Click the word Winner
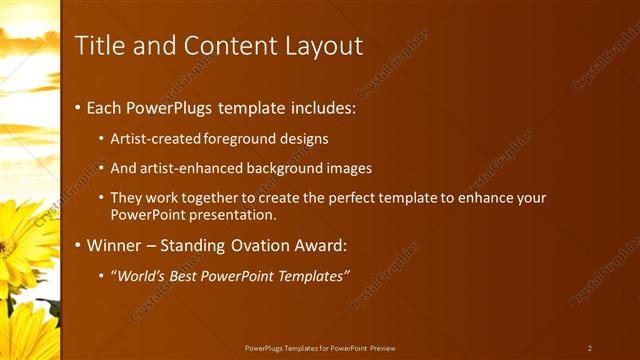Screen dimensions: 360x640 coord(114,245)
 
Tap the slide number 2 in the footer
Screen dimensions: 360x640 coord(590,348)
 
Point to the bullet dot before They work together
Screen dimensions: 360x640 coord(101,199)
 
